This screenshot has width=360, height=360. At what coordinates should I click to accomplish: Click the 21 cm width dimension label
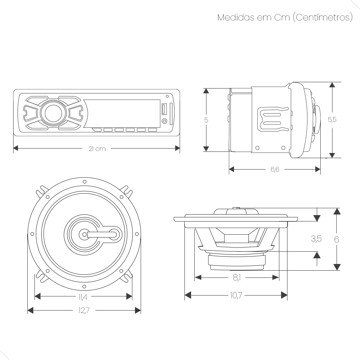click(x=97, y=148)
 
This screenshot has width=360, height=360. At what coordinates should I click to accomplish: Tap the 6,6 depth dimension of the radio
click(x=275, y=169)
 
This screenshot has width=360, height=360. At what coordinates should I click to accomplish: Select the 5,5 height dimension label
click(x=332, y=119)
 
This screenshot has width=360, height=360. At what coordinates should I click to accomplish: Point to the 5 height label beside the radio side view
click(x=206, y=120)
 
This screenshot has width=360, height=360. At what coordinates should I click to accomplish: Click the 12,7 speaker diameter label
click(x=84, y=311)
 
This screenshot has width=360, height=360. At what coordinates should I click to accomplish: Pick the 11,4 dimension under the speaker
click(x=83, y=297)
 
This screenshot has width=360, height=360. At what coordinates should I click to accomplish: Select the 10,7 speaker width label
click(x=236, y=296)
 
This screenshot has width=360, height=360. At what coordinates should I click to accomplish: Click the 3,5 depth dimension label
click(x=316, y=239)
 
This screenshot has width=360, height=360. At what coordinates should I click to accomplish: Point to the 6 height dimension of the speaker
click(x=337, y=239)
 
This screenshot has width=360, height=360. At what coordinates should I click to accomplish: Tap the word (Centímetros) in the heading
click(x=322, y=17)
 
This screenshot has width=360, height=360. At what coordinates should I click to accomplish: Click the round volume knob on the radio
click(x=54, y=113)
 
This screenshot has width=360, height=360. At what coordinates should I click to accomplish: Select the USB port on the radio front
click(x=164, y=109)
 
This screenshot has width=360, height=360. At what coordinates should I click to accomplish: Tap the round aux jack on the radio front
click(x=164, y=121)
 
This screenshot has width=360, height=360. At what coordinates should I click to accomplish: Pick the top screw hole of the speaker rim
click(x=84, y=181)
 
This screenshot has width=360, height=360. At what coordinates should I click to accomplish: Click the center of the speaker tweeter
click(x=83, y=234)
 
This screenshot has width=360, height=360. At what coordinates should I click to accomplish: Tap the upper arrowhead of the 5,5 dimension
click(x=332, y=85)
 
